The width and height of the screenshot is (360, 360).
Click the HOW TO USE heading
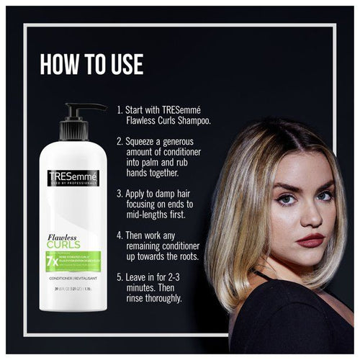(91, 63)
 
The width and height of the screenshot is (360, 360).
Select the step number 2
(120, 141)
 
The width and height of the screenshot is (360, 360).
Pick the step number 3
(120, 193)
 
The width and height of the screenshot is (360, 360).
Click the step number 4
(120, 235)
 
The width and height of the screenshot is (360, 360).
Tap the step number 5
(120, 276)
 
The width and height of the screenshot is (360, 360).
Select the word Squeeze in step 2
(145, 141)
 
